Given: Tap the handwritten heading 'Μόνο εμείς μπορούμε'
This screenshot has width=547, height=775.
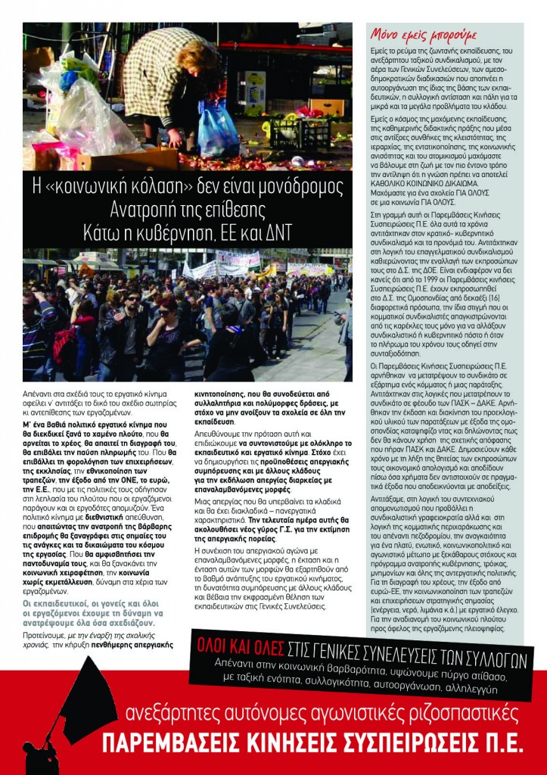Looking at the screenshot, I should pyautogui.click(x=413, y=33).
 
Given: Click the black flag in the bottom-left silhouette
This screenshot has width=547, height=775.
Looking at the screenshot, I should pyautogui.click(x=86, y=700).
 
